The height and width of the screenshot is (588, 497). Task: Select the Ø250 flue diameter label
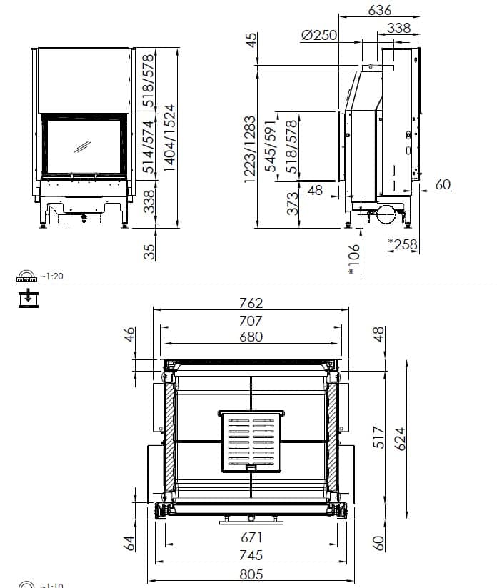[319, 34]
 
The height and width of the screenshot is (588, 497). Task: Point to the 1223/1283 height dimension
[250, 149]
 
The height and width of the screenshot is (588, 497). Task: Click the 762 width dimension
[251, 303]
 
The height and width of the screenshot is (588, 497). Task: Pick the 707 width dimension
[251, 321]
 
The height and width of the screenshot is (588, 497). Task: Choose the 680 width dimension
[251, 337]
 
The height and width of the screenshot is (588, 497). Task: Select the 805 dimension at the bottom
[251, 574]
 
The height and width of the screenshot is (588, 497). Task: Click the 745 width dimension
[251, 555]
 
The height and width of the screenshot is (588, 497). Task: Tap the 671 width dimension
[251, 537]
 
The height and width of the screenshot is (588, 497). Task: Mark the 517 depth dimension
[379, 437]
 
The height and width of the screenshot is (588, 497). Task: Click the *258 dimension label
[403, 244]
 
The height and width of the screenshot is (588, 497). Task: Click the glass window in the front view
[83, 146]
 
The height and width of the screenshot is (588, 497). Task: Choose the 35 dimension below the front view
[149, 251]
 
